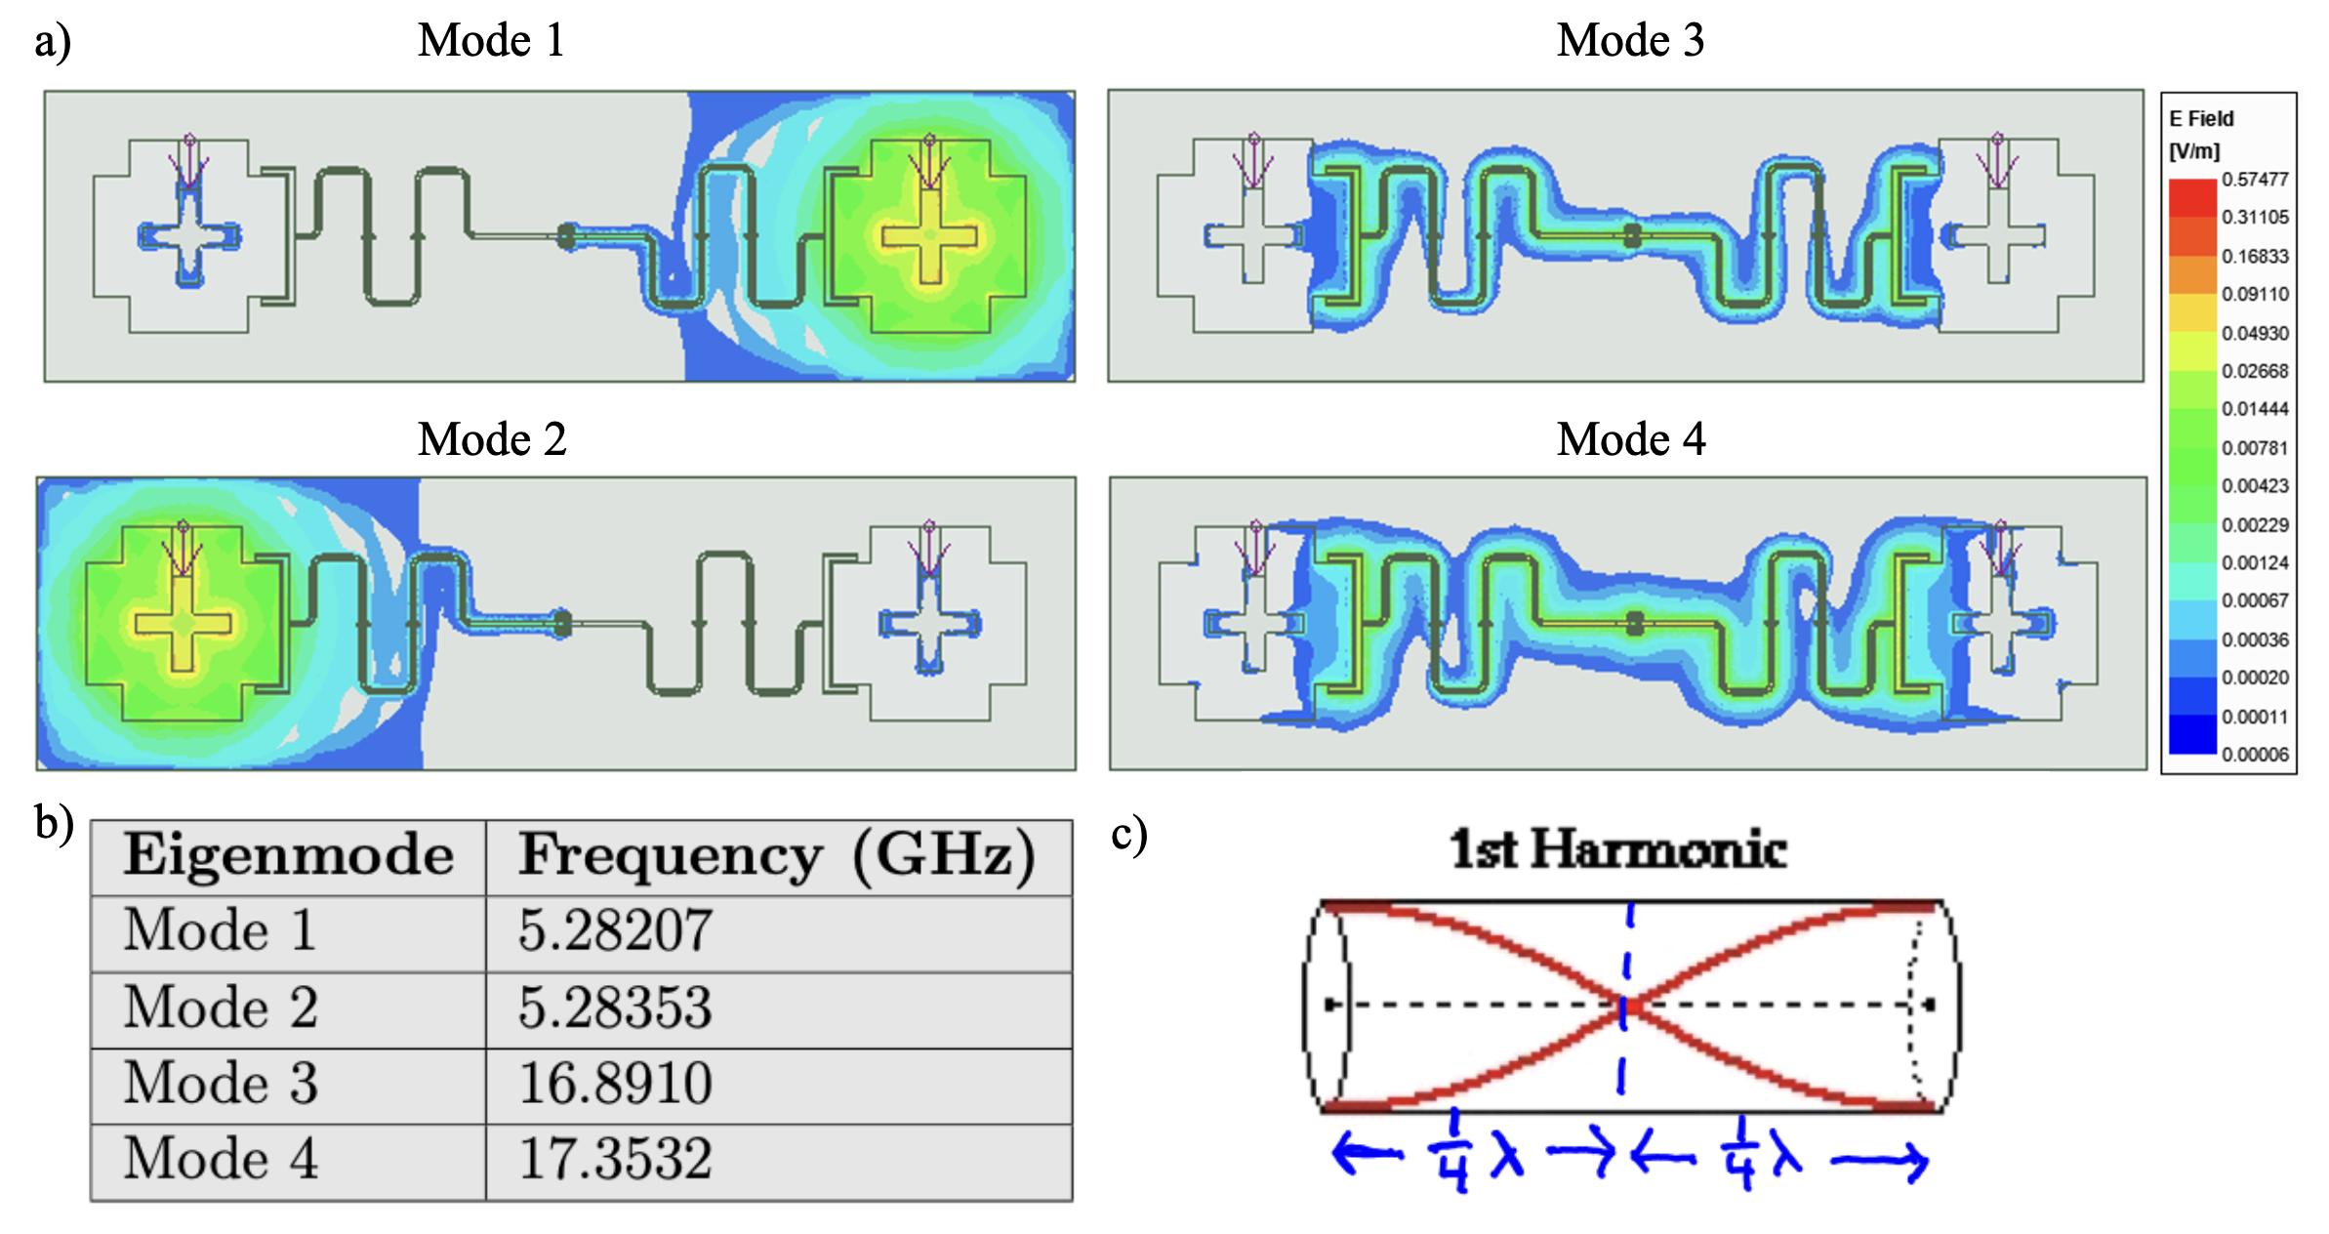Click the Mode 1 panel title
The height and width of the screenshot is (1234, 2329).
click(491, 41)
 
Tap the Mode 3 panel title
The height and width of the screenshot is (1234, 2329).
click(1630, 41)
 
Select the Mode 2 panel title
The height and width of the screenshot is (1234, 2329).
click(492, 439)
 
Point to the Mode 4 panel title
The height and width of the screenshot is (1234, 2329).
click(1631, 439)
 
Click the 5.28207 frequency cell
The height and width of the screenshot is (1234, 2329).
click(615, 930)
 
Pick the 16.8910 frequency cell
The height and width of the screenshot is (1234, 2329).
click(615, 1084)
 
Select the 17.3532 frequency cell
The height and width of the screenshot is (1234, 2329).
click(615, 1160)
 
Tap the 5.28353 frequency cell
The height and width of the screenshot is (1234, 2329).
click(615, 1008)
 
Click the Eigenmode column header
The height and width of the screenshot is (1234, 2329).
click(288, 856)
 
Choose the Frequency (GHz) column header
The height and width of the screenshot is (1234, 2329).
click(776, 856)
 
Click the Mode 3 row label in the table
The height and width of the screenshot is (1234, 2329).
click(221, 1084)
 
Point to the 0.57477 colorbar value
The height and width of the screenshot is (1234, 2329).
click(2255, 180)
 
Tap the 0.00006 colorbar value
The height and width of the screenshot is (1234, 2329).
click(2255, 755)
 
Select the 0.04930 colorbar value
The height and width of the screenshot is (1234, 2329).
click(2255, 333)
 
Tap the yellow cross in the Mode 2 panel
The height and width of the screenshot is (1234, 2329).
click(184, 623)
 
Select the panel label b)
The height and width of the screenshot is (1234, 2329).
click(54, 823)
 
